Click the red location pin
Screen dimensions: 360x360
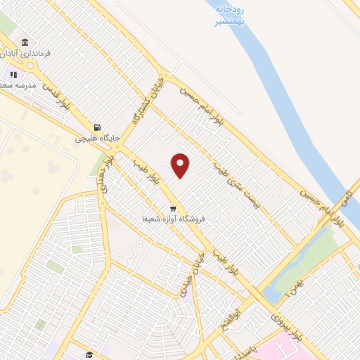tap(181, 165)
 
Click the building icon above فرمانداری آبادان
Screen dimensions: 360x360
tap(25, 42)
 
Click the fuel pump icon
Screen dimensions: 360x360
tap(96, 127)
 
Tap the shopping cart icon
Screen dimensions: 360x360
tap(173, 209)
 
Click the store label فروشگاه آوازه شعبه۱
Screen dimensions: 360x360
tap(173, 219)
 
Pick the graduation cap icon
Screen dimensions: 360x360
tap(89, 354)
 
